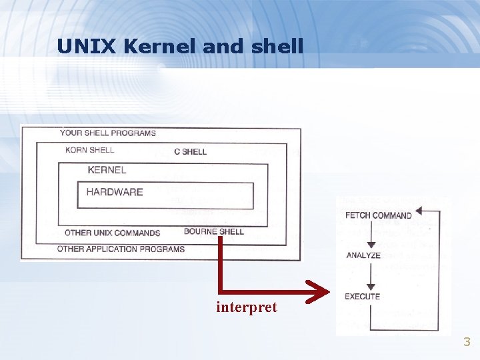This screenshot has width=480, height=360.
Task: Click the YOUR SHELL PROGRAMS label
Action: click(108, 133)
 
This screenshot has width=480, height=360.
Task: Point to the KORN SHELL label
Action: click(90, 150)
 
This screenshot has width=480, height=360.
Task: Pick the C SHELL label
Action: click(190, 151)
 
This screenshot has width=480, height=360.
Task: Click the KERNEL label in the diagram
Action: click(107, 170)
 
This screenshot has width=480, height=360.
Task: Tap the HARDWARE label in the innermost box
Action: click(115, 192)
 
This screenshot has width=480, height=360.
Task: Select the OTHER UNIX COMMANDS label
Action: click(112, 233)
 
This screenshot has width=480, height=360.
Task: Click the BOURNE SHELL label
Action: click(213, 232)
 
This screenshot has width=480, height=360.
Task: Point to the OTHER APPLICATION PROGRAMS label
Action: click(121, 249)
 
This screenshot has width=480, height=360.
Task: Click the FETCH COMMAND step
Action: click(378, 215)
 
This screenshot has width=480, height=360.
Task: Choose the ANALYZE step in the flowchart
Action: click(363, 255)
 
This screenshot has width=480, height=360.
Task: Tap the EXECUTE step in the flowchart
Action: click(362, 296)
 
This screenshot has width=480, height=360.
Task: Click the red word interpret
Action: click(246, 308)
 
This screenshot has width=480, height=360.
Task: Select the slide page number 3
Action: click(467, 343)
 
